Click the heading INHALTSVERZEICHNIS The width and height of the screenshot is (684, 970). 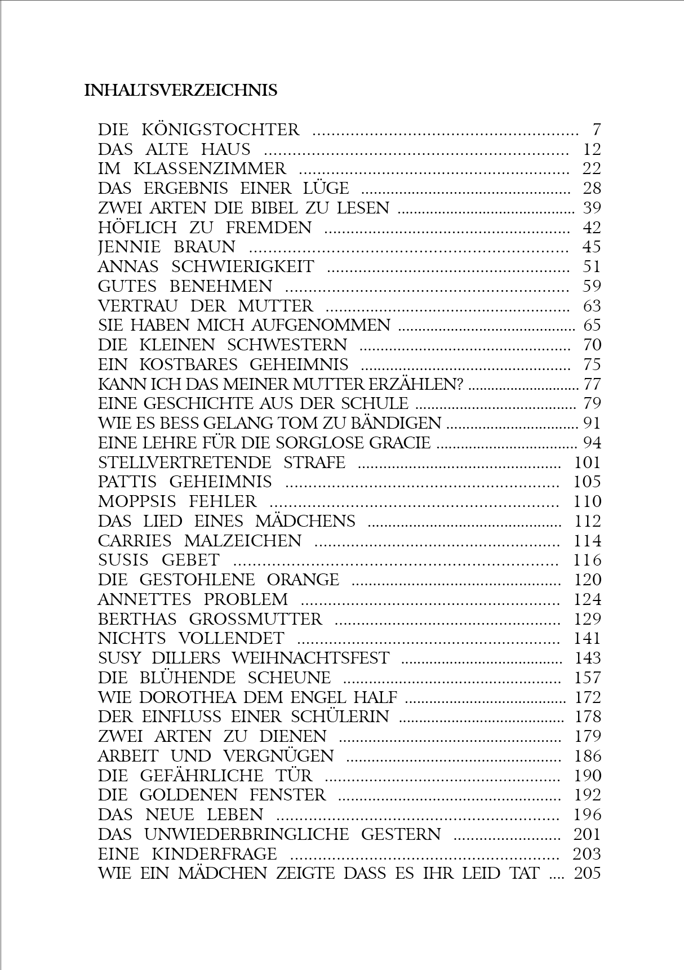click(x=180, y=91)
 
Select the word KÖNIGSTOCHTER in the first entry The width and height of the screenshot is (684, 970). click(x=220, y=130)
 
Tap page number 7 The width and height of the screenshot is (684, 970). click(x=597, y=130)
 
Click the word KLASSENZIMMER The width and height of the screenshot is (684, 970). click(x=210, y=169)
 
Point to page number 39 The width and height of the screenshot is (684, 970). click(x=592, y=208)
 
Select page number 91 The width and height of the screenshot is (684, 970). click(x=592, y=424)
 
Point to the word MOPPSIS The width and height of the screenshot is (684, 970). click(x=137, y=501)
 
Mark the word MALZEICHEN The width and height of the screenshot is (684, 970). click(x=243, y=541)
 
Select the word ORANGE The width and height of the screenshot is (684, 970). click(x=303, y=580)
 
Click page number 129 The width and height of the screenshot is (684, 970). click(x=588, y=619)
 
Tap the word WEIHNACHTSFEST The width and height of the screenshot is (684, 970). click(x=310, y=658)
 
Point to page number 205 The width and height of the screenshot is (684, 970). click(x=588, y=874)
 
